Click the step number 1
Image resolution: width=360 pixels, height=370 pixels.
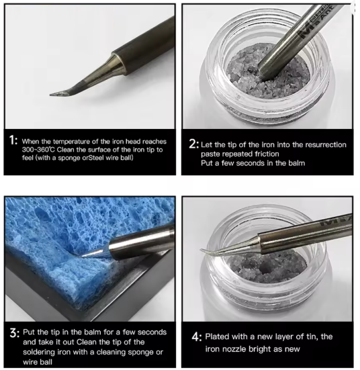pos(13,140)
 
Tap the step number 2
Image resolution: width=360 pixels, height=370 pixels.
pos(193,144)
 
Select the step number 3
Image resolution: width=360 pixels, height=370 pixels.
pos(15,332)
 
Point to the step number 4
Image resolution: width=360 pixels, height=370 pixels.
pos(197,337)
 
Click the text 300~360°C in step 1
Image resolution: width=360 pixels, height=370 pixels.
pos(38,150)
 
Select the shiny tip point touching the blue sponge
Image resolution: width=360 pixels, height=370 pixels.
pos(81,256)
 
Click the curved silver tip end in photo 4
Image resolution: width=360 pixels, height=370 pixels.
pos(201,250)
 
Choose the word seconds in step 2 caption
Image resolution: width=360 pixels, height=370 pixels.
pos(250,163)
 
